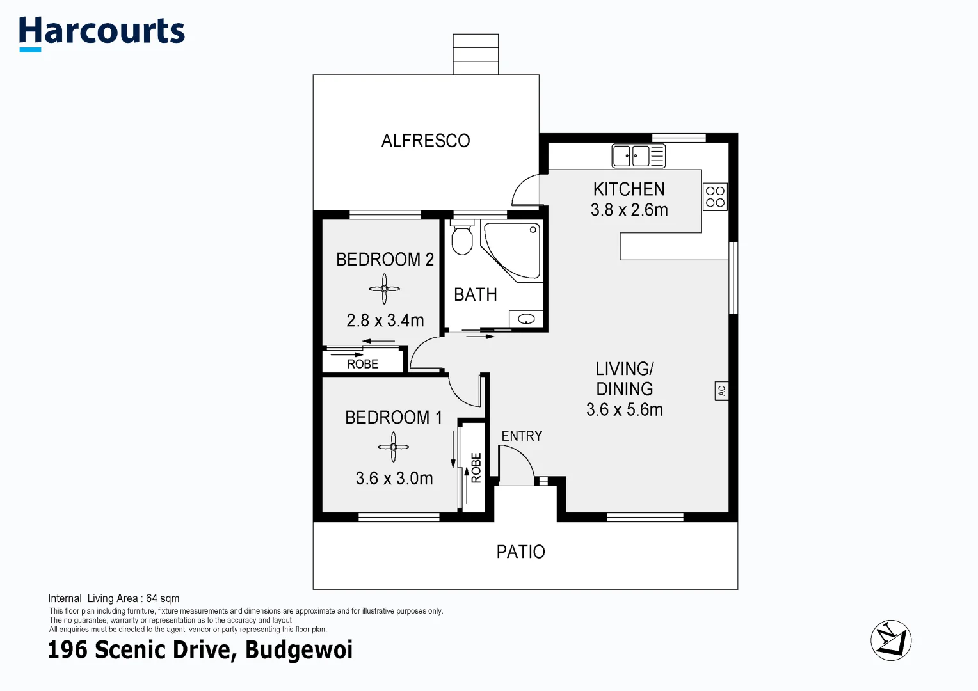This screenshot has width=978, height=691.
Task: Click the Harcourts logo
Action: [102, 33]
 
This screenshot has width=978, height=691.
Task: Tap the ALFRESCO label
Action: [426, 141]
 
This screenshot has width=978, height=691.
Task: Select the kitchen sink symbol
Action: [638, 155]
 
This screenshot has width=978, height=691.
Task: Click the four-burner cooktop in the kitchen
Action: [715, 197]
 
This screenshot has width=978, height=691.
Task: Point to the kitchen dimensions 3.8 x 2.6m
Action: [629, 210]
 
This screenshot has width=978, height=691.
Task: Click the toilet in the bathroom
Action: [461, 238]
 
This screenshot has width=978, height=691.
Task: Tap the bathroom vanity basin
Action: [526, 319]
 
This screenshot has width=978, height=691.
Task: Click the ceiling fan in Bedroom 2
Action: [385, 289]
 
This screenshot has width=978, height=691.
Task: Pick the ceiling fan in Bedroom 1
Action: [393, 447]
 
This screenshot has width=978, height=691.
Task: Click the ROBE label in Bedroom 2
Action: [362, 364]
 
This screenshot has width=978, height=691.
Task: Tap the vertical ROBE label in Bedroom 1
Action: [476, 468]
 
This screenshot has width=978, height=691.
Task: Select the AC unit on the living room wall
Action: [721, 390]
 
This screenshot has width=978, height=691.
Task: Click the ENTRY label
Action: [522, 436]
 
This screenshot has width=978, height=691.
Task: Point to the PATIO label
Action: [520, 552]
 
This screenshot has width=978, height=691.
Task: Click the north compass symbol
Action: [890, 640]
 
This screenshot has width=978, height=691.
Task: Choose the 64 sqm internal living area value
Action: [163, 598]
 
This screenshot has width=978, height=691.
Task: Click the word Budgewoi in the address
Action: [299, 650]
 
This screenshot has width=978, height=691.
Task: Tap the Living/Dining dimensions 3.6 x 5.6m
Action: [625, 410]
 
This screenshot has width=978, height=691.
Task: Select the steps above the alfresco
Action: [476, 54]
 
